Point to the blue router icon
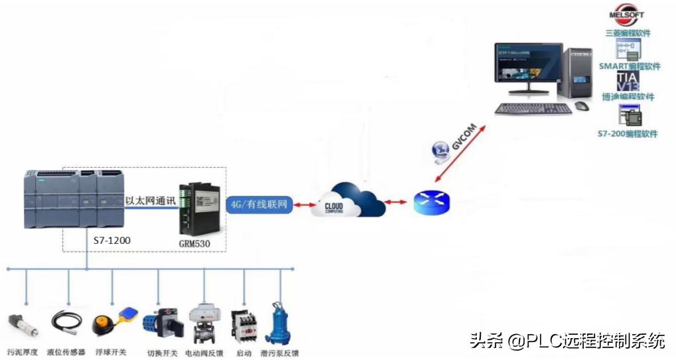click(x=431, y=202)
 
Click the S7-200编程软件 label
click(x=627, y=134)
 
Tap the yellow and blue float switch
click(x=113, y=322)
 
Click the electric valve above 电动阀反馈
click(x=203, y=323)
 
